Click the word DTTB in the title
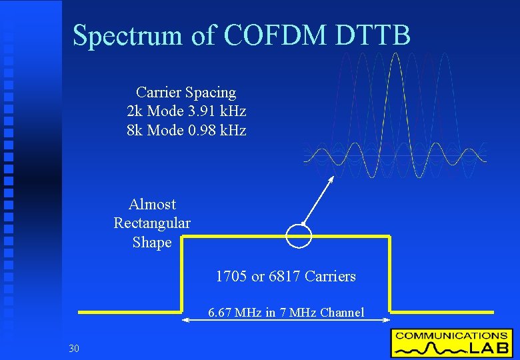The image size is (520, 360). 373,35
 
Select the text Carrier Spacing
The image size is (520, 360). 186,92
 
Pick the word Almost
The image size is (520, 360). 152,204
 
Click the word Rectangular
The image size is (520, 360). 152,223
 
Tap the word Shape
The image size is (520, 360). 152,242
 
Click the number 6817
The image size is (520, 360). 285,276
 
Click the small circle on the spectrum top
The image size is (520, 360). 299,235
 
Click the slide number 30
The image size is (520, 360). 73,347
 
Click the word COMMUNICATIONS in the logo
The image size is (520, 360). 451,335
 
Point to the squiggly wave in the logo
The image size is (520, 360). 425,348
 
